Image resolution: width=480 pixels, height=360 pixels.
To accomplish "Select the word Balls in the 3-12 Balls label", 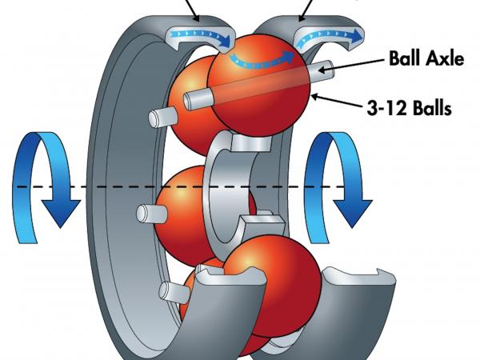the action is pyautogui.click(x=432, y=108).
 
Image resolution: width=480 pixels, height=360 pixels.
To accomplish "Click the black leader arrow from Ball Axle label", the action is pyautogui.click(x=351, y=65).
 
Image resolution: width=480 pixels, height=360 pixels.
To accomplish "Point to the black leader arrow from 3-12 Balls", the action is pyautogui.click(x=338, y=101).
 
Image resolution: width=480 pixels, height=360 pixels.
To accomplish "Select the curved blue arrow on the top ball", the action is pyautogui.click(x=262, y=60).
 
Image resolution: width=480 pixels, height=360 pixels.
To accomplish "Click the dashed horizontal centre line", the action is pyautogui.click(x=181, y=186).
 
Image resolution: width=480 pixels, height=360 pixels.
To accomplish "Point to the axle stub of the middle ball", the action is pyautogui.click(x=151, y=214).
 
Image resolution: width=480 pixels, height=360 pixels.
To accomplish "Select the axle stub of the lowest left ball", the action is pyautogui.click(x=174, y=291).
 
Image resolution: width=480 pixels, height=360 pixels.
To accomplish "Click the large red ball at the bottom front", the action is pyautogui.click(x=272, y=286).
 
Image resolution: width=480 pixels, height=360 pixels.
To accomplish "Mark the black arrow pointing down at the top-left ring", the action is pyautogui.click(x=192, y=9).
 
